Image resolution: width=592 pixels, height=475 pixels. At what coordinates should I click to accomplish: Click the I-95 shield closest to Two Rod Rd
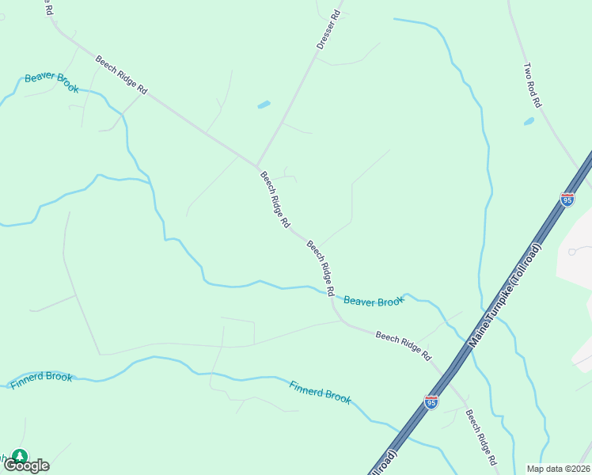567,199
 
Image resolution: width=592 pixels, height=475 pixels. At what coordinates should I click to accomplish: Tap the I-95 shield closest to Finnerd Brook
431,403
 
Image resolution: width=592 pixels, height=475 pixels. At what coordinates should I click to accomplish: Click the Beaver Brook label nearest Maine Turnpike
374,301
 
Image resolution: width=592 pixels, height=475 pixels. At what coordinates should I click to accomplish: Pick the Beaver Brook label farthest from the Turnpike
51,82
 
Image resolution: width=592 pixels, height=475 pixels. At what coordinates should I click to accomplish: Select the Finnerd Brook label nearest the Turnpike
320,392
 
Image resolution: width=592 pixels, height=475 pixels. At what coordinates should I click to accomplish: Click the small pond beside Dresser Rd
264,104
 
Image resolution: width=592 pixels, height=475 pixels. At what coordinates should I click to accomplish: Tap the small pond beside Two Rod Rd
529,122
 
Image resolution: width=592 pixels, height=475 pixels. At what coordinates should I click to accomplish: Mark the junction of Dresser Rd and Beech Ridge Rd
257,165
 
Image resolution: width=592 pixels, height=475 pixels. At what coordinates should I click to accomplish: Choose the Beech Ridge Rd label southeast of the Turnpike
481,437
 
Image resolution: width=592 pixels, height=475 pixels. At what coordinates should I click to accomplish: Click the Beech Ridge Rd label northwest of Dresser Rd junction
122,75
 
